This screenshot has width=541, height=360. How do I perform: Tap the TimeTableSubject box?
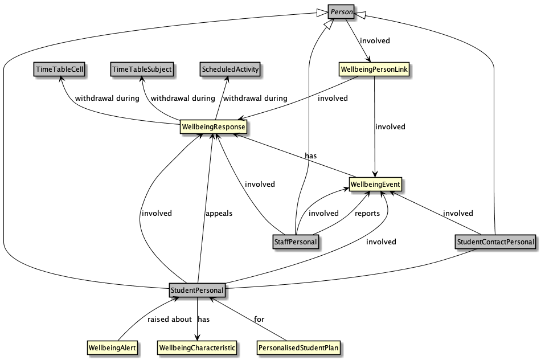pyautogui.click(x=142, y=69)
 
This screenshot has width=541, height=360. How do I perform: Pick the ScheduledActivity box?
pyautogui.click(x=230, y=69)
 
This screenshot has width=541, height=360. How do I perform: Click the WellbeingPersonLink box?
pyautogui.click(x=374, y=69)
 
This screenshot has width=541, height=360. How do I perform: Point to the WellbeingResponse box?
pyautogui.click(x=214, y=126)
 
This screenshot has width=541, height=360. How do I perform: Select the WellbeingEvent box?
pyautogui.click(x=375, y=185)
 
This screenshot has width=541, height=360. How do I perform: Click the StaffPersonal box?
pyautogui.click(x=294, y=242)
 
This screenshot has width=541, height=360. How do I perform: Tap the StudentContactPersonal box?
pyautogui.click(x=495, y=242)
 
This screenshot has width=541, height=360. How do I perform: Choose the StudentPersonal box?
pyautogui.click(x=197, y=291)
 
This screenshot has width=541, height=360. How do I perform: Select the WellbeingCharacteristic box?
pyautogui.click(x=196, y=347)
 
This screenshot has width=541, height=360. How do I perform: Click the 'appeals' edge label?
pyautogui.click(x=219, y=214)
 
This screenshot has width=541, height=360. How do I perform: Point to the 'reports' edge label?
pyautogui.click(x=367, y=214)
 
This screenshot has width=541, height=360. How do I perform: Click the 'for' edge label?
pyautogui.click(x=259, y=319)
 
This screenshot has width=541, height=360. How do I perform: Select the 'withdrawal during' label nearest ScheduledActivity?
pyautogui.click(x=255, y=98)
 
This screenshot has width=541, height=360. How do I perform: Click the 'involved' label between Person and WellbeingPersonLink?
pyautogui.click(x=375, y=40)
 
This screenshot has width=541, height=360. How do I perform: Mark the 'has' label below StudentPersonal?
pyautogui.click(x=204, y=319)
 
